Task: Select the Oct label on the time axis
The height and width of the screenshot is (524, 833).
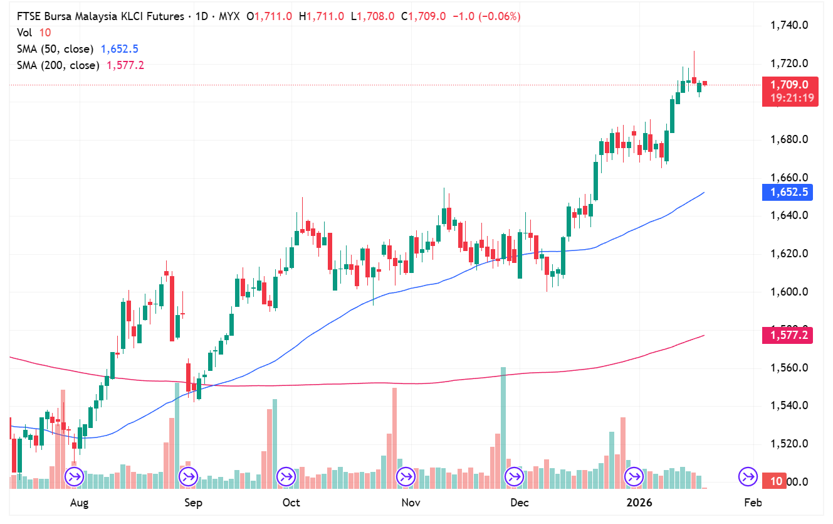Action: coord(291,503)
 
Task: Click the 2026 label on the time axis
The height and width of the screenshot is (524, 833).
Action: coord(639,503)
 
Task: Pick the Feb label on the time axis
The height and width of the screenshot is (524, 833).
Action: coord(752,503)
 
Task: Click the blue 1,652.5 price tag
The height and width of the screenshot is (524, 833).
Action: coord(788,192)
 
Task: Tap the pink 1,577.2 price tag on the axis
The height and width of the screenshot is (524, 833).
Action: coord(788,336)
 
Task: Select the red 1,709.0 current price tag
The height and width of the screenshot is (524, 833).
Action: coord(789,85)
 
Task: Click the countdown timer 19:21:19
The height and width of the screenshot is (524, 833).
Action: coord(789,98)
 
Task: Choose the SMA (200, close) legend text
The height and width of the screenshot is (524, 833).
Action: coord(58,65)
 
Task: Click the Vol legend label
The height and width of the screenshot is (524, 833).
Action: coord(24,33)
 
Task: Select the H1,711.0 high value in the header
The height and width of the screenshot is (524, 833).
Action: coord(322,16)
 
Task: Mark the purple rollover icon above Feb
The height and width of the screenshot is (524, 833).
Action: coord(748,477)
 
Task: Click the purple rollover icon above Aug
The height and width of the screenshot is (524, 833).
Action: coord(75,477)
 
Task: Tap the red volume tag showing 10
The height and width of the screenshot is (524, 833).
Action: coord(776,481)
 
